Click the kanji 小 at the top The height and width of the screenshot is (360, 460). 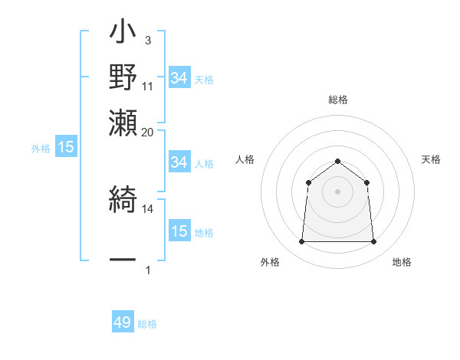123,34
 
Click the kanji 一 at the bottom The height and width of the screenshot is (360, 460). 123,260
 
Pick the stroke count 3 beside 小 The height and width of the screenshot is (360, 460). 147,39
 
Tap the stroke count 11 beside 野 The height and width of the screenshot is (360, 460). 148,86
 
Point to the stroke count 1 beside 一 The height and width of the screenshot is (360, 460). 148,270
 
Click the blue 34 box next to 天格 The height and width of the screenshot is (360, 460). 179,78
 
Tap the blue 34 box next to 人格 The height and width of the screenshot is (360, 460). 179,162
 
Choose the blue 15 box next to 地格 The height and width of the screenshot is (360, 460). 179,231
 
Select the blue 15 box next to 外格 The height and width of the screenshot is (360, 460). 65,148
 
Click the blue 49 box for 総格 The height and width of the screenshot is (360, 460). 122,322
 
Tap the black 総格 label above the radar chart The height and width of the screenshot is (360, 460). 337,100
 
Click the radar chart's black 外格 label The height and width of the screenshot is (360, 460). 270,263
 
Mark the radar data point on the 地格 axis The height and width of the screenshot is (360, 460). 373,242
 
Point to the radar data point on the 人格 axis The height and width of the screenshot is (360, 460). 308,182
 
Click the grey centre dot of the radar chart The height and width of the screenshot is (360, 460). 337,191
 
